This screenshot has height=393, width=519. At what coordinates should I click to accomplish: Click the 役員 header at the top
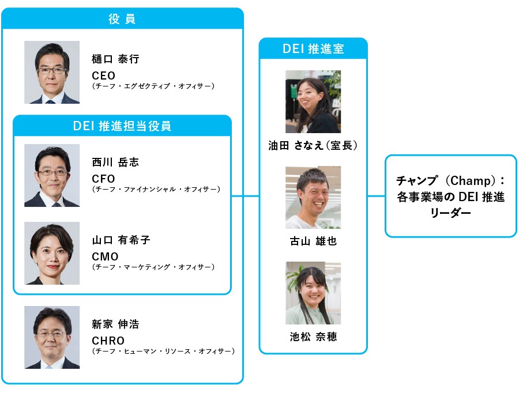(x=122, y=19)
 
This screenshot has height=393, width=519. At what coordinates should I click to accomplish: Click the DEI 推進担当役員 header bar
(x=122, y=126)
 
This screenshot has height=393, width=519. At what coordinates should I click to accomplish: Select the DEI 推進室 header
(x=313, y=49)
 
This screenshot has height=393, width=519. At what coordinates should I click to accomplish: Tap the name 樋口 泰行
(x=115, y=59)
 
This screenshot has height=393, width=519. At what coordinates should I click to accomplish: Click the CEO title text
(x=104, y=75)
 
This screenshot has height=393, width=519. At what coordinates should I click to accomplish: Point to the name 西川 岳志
(x=115, y=163)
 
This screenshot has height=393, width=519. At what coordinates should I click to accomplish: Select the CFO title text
(x=104, y=179)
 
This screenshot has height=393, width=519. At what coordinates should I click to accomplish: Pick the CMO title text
(x=105, y=256)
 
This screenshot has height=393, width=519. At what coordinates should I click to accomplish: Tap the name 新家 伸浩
(x=115, y=324)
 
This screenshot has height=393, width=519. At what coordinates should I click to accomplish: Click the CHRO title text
(x=108, y=341)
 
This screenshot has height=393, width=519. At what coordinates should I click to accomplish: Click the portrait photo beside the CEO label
(x=52, y=72)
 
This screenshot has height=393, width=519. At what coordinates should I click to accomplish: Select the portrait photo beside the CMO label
(x=52, y=254)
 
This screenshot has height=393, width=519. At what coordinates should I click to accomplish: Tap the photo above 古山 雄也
(x=313, y=198)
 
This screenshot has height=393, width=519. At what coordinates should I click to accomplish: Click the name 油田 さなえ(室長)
(x=313, y=146)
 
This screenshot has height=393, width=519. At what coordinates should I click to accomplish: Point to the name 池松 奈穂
(x=313, y=337)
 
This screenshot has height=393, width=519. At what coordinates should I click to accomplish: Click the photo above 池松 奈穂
(x=313, y=293)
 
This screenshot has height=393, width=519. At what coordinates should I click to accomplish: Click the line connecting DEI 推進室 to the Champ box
(x=376, y=197)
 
